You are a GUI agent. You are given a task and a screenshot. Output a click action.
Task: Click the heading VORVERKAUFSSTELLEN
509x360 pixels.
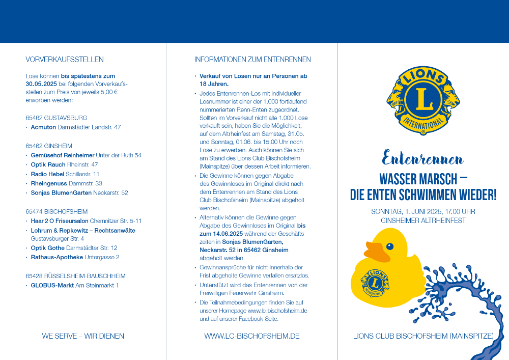pyautogui.click(x=65, y=60)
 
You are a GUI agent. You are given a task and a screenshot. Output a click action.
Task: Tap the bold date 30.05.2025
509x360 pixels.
pyautogui.click(x=42, y=84)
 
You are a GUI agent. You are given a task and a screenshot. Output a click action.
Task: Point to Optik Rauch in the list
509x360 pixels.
pyautogui.click(x=48, y=164)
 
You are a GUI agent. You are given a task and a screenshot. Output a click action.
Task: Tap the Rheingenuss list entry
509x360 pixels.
pyautogui.click(x=49, y=183)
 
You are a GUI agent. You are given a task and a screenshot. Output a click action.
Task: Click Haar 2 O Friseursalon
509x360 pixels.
pyautogui.click(x=60, y=221)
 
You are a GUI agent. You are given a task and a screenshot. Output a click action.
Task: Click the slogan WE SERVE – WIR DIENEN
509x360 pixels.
pyautogui.click(x=83, y=336)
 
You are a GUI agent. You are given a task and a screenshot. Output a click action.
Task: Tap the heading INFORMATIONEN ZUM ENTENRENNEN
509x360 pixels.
pyautogui.click(x=252, y=60)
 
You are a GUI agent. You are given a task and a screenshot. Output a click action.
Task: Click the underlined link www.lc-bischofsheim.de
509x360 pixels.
pyautogui.click(x=277, y=311)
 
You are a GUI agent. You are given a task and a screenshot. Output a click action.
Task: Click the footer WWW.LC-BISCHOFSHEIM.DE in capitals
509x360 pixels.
pyautogui.click(x=251, y=336)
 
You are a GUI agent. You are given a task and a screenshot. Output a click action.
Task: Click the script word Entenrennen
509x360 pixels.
pyautogui.click(x=423, y=159)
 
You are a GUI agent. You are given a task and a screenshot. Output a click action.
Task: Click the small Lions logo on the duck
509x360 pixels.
pyautogui.click(x=375, y=283)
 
